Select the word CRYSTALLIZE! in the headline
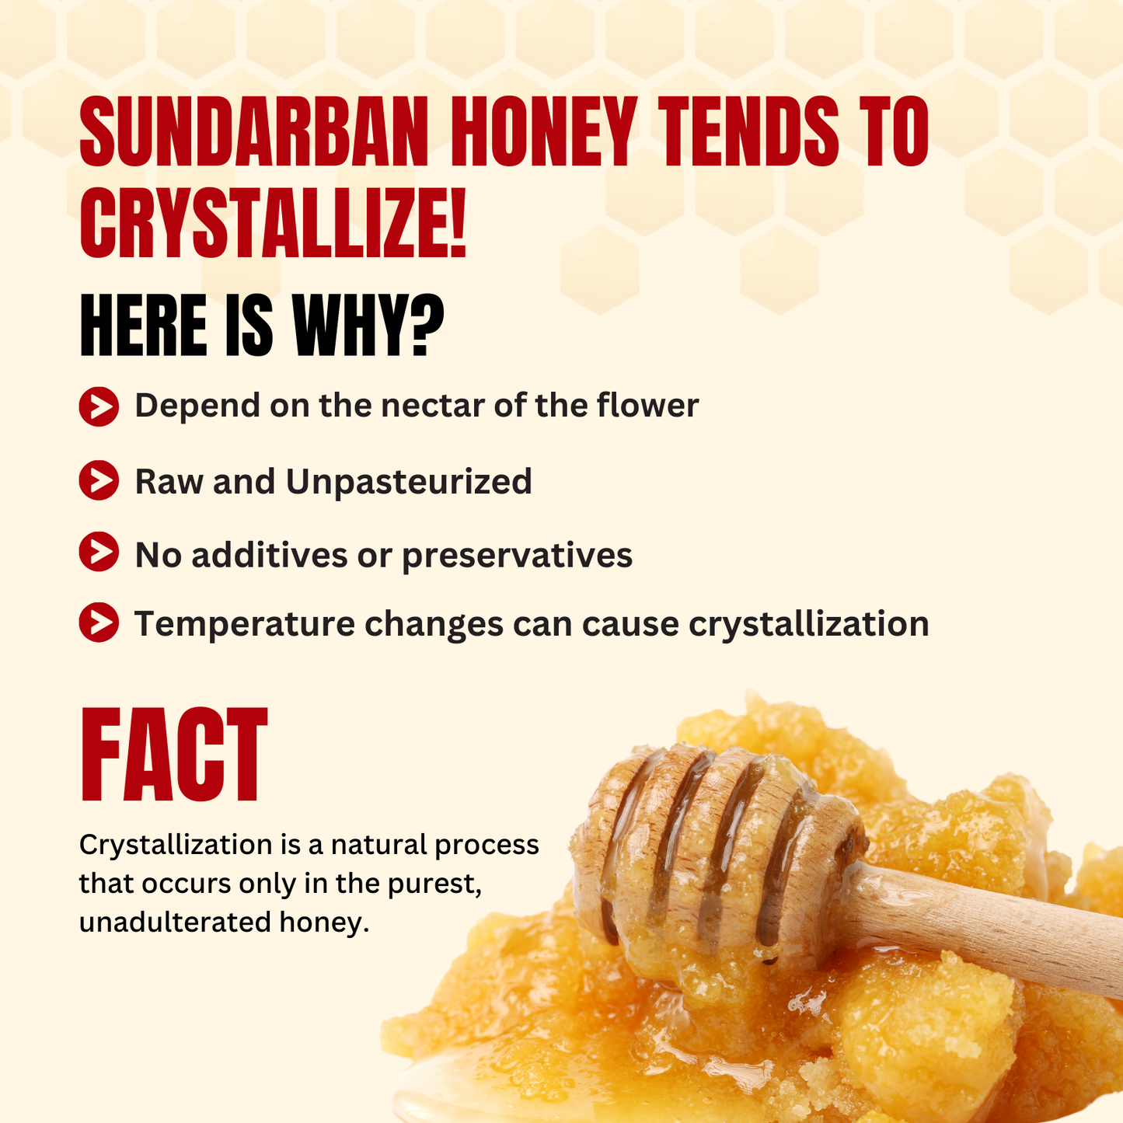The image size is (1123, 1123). point(273,222)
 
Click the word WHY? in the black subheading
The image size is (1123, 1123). point(368,325)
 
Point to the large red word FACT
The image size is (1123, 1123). point(173,755)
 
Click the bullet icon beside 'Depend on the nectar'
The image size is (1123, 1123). point(99,406)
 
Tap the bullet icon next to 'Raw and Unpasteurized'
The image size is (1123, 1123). point(99,480)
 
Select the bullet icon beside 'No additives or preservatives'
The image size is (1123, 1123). point(99,551)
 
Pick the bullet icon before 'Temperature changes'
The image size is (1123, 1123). point(99,623)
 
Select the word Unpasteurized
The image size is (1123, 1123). point(409,483)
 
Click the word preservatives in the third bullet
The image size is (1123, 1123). point(517,556)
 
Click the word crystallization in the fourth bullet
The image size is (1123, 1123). point(809,624)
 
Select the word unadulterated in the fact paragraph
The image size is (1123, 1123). point(173,922)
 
